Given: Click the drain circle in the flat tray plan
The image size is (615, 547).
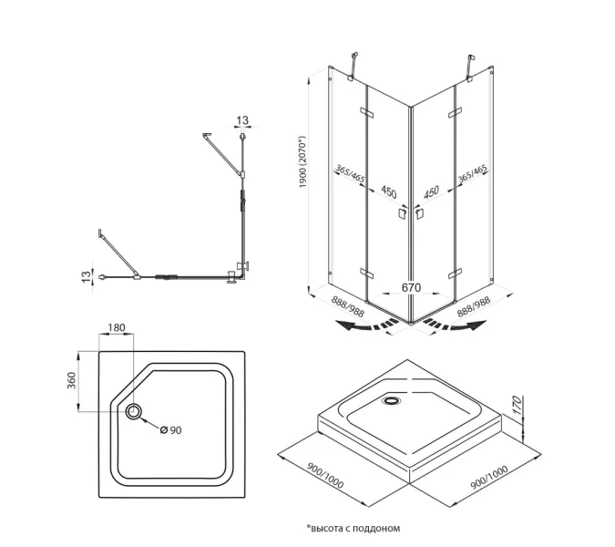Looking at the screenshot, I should pyautogui.click(x=136, y=413).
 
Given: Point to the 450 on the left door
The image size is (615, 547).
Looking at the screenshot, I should pyautogui.click(x=389, y=192).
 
